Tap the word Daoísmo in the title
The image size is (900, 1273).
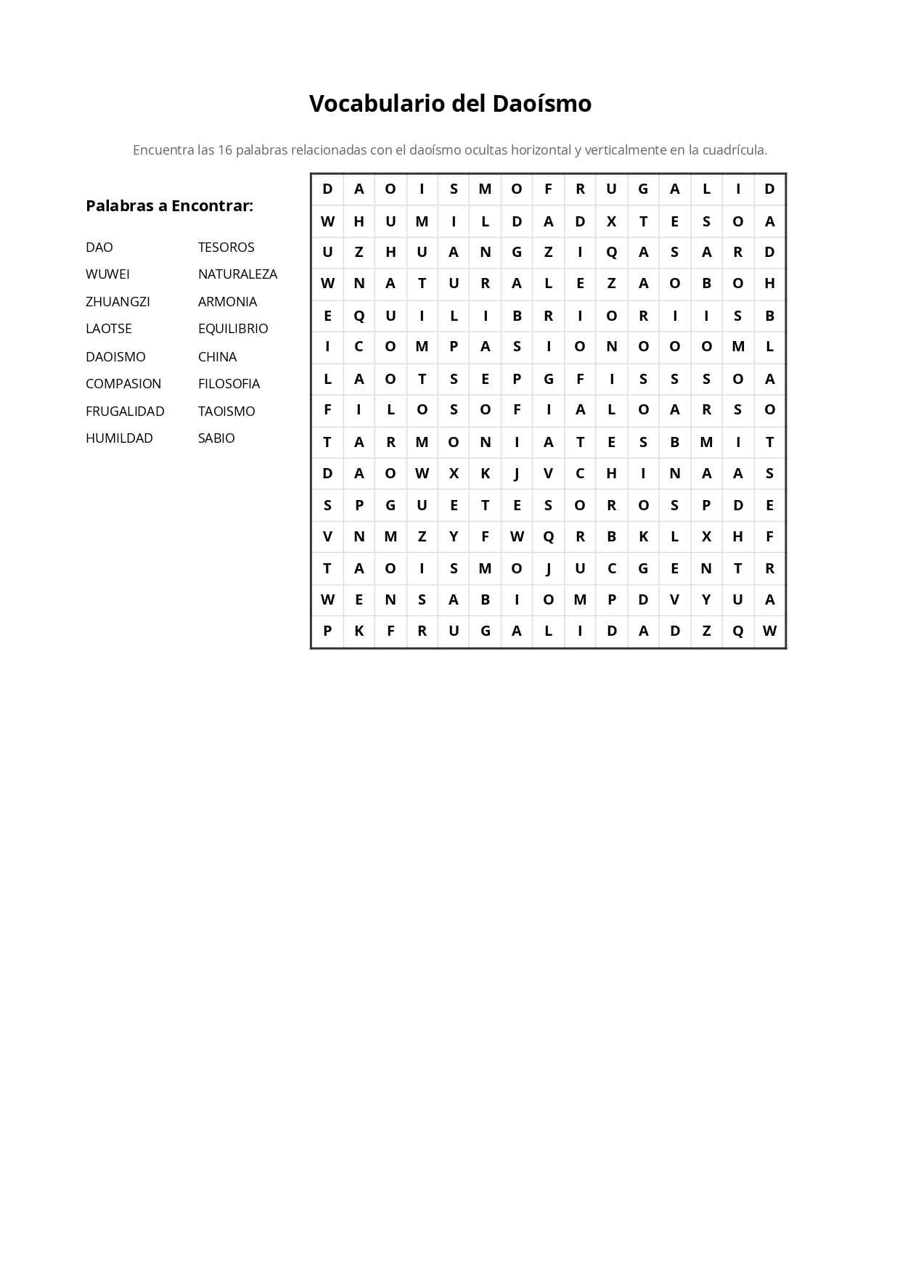coord(541,104)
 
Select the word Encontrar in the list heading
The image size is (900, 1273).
coord(211,206)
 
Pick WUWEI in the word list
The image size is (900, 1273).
coord(107,274)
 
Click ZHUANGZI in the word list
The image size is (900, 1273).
coord(118,302)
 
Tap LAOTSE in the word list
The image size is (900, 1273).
coord(109,329)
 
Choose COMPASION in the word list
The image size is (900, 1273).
coord(123,384)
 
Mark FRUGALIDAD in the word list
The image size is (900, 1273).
coord(125,412)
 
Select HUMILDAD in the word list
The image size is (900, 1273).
coord(119,438)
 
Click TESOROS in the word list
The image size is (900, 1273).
coord(226,247)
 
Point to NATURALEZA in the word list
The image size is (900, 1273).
coord(237,274)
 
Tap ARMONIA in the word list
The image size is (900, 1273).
coord(227,302)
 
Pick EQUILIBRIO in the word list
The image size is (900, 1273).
coord(233,329)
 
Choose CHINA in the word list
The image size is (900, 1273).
coord(217,357)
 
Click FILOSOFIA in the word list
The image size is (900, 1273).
coord(229,384)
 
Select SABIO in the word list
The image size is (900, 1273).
coord(216,438)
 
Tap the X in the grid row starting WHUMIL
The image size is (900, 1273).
coord(611,221)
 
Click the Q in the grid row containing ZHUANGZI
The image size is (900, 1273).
coord(611,253)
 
